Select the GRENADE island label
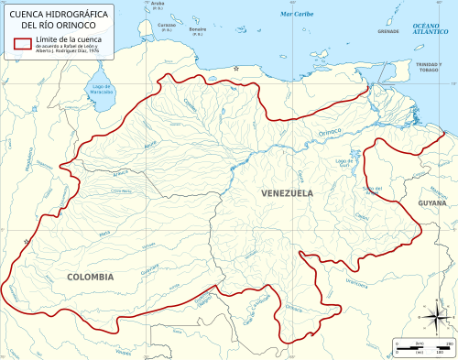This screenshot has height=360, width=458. (x=387, y=32)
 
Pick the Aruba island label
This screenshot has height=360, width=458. (x=157, y=5)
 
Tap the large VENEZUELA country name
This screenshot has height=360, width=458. (x=287, y=193)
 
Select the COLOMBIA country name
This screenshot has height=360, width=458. (x=90, y=276)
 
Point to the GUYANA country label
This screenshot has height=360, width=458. (x=432, y=202)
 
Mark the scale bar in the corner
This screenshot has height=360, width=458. (x=419, y=347)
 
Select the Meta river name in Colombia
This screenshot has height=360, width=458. (x=106, y=235)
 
